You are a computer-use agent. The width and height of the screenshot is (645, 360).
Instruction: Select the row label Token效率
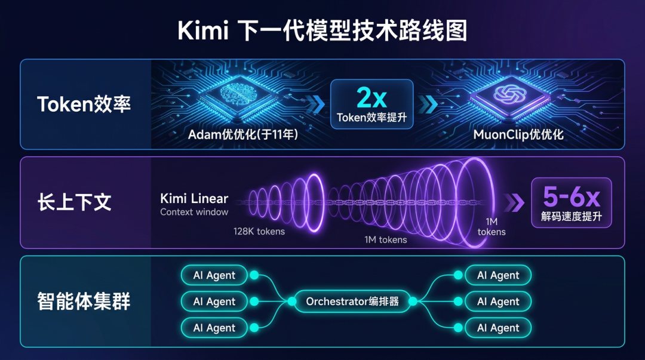pyautogui.click(x=84, y=104)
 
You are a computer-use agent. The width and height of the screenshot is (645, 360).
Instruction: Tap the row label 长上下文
pyautogui.click(x=74, y=202)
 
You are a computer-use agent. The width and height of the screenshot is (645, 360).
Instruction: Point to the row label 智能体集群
pyautogui.click(x=84, y=301)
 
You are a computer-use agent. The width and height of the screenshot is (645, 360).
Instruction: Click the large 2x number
pyautogui.click(x=371, y=97)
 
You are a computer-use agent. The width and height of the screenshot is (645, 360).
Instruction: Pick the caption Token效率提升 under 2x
pyautogui.click(x=371, y=118)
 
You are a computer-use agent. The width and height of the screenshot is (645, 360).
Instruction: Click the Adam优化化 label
pyautogui.click(x=243, y=134)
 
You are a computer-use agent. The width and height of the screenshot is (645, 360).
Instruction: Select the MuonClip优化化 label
pyautogui.click(x=518, y=134)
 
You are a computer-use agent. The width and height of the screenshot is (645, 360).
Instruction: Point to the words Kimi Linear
pyautogui.click(x=194, y=199)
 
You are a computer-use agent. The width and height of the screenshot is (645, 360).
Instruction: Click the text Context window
pyautogui.click(x=194, y=212)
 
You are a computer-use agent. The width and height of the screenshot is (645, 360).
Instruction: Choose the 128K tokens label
pyautogui.click(x=259, y=231)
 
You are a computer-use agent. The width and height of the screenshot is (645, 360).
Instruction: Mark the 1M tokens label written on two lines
pyautogui.click(x=491, y=227)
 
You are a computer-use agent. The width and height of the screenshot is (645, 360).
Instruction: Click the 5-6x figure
pyautogui.click(x=572, y=196)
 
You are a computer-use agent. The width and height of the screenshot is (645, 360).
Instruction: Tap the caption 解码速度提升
pyautogui.click(x=572, y=217)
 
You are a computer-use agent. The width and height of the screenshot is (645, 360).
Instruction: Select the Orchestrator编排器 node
pyautogui.click(x=352, y=301)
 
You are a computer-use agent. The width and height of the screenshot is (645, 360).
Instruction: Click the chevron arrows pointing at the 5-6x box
pyautogui.click(x=514, y=203)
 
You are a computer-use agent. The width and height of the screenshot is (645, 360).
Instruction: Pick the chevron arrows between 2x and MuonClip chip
pyautogui.click(x=428, y=104)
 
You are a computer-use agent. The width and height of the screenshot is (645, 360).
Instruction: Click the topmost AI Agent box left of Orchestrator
pyautogui.click(x=214, y=275)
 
